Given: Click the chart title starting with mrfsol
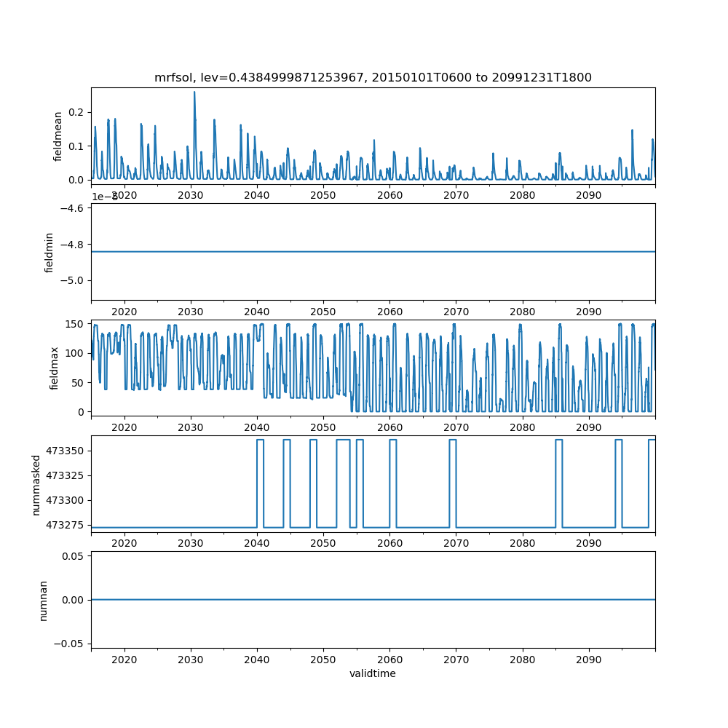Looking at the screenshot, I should pyautogui.click(x=373, y=77).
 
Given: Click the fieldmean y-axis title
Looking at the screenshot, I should pyautogui.click(x=58, y=136).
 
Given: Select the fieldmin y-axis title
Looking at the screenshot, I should pyautogui.click(x=50, y=252).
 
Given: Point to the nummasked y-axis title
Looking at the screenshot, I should pyautogui.click(x=36, y=484).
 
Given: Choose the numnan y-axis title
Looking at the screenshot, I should pyautogui.click(x=43, y=600).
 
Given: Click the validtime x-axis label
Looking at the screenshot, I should pyautogui.click(x=373, y=673).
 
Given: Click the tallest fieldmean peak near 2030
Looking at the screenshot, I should pyautogui.click(x=194, y=92).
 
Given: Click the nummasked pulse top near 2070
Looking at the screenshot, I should pyautogui.click(x=453, y=440).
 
